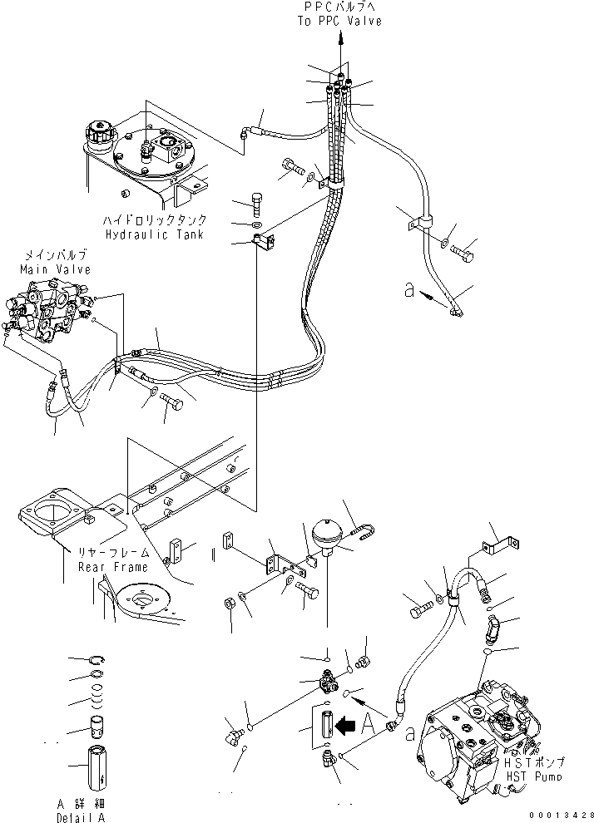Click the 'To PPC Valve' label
(x=339, y=21)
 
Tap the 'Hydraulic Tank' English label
(x=155, y=234)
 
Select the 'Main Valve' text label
(x=55, y=269)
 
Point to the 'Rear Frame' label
(x=113, y=567)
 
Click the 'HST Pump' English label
(x=533, y=776)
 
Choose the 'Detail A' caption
(x=81, y=817)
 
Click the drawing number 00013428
(x=562, y=816)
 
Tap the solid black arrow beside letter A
(x=345, y=726)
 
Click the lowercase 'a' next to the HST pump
(x=409, y=733)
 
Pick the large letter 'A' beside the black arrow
(x=369, y=725)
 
